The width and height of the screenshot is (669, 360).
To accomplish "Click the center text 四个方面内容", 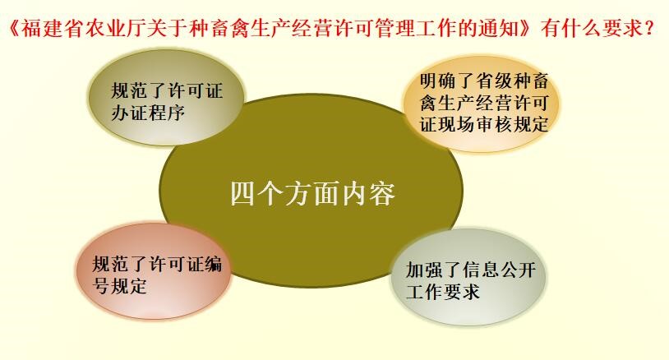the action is [313, 195].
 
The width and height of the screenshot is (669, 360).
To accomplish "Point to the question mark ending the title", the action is [650, 29].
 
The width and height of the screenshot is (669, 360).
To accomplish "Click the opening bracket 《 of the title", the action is [14, 29].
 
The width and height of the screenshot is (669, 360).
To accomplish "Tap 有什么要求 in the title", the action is [591, 29].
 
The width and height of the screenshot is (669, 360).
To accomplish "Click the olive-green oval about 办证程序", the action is [167, 98].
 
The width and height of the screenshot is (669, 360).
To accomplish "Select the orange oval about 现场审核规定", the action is [482, 104].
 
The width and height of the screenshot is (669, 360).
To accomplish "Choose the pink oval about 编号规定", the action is [155, 271].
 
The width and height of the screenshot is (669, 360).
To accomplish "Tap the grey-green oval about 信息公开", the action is [468, 277].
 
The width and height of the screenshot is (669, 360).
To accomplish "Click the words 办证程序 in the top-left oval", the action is [148, 113].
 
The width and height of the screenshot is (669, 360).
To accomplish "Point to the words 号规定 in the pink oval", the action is [120, 286].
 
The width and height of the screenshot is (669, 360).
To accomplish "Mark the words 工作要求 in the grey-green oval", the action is [443, 292].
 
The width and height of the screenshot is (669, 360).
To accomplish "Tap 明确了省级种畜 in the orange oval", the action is [484, 81].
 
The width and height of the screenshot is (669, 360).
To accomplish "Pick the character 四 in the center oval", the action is [243, 195].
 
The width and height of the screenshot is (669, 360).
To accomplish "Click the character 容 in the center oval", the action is [382, 195].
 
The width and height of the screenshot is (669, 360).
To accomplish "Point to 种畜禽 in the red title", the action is [219, 29].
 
